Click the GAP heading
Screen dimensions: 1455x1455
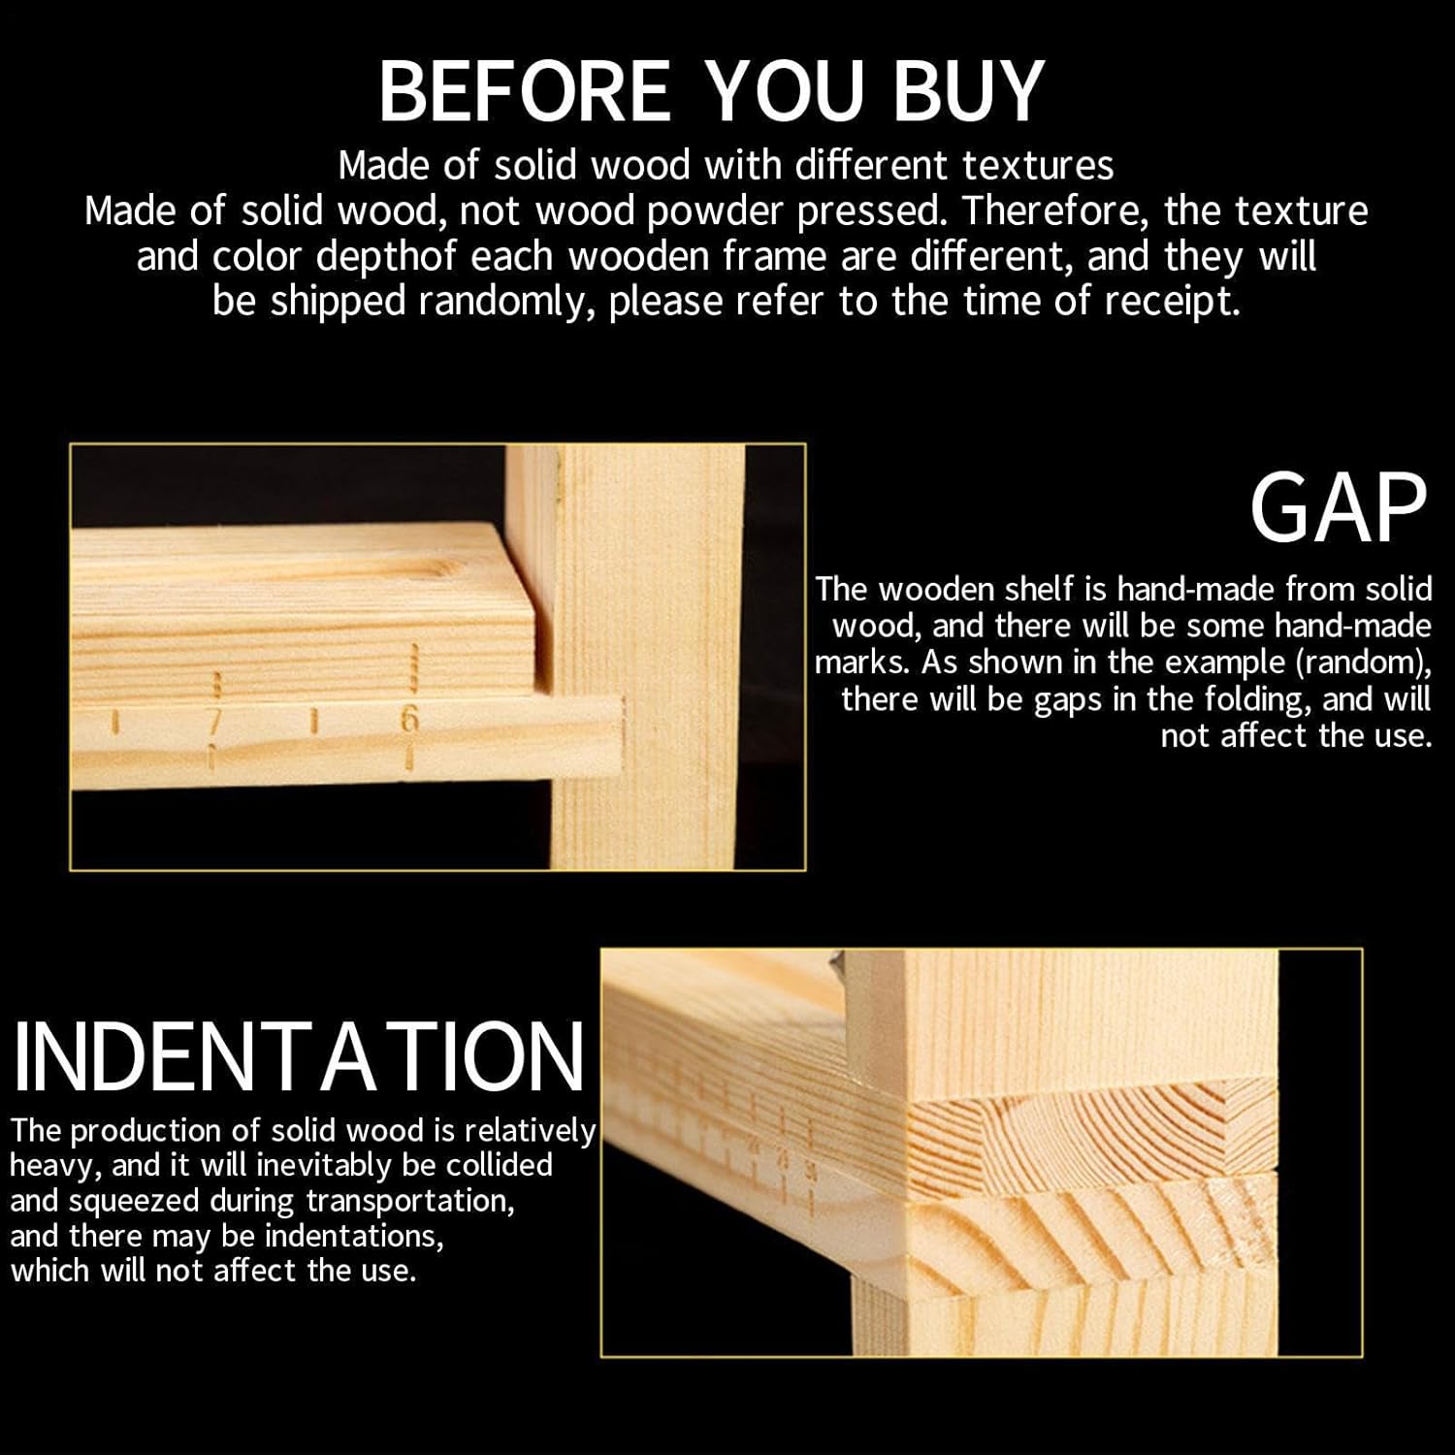click(x=1339, y=508)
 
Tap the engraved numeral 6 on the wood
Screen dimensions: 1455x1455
click(x=409, y=720)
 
